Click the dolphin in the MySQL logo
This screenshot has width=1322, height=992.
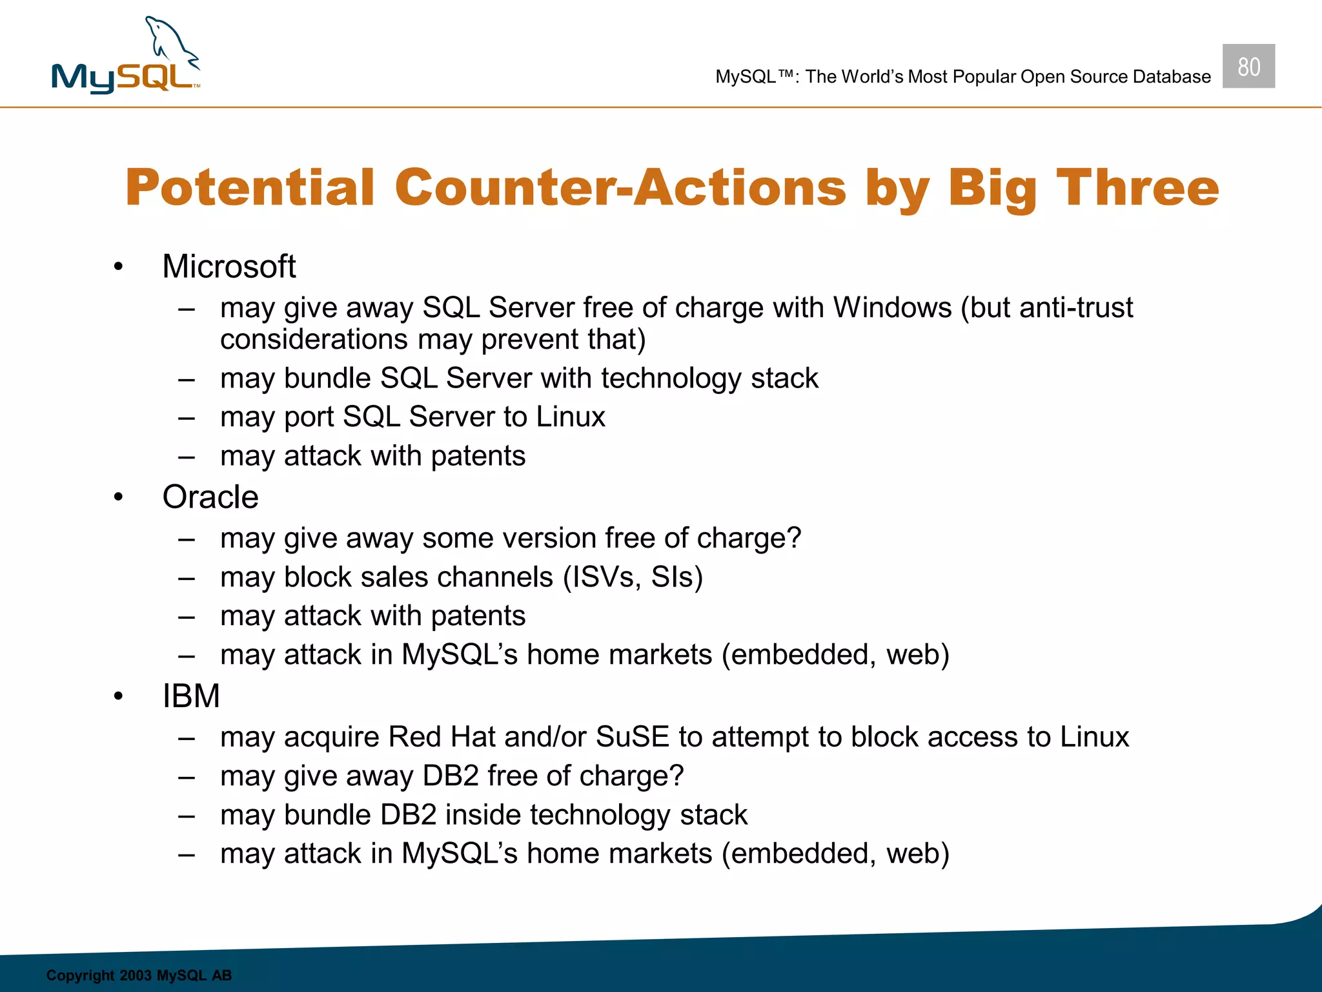click(169, 42)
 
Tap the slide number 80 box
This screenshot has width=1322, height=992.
click(1248, 67)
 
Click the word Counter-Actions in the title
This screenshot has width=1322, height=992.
click(620, 187)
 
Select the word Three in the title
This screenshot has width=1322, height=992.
click(1137, 187)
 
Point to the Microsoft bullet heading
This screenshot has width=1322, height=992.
click(229, 266)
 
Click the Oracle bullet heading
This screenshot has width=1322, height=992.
click(210, 497)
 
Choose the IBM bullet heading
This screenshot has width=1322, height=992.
click(191, 696)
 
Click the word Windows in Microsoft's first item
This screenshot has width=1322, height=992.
click(892, 307)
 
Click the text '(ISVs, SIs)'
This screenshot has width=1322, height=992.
click(633, 577)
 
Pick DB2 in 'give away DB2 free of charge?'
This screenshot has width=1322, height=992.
click(450, 776)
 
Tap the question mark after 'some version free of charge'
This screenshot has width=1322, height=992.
click(793, 538)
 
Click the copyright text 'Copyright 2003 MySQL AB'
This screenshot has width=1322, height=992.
click(139, 975)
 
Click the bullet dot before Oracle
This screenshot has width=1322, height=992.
click(118, 498)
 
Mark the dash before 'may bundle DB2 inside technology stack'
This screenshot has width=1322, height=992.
click(187, 816)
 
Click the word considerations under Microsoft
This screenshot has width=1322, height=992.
click(314, 340)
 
